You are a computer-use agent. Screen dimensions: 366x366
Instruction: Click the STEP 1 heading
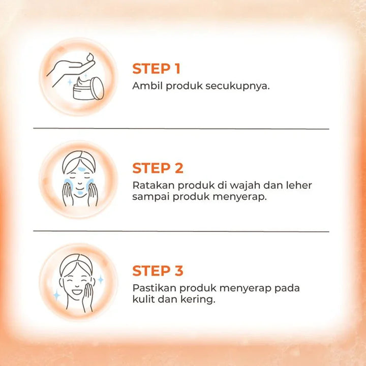(x=156, y=69)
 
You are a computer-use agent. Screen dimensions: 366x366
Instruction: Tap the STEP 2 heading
(x=158, y=168)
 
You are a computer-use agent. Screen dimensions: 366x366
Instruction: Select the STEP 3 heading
(x=158, y=270)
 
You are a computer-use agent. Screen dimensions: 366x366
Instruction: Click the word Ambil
(x=147, y=86)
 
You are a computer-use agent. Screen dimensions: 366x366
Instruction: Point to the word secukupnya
(x=237, y=87)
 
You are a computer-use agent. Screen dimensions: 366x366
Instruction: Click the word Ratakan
(x=154, y=186)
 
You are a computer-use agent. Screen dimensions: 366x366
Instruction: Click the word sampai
(x=151, y=197)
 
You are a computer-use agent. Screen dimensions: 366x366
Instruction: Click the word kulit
(x=143, y=299)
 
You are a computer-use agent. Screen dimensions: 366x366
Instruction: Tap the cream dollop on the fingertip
(x=90, y=57)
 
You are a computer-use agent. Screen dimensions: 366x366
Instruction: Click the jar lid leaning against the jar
(x=98, y=88)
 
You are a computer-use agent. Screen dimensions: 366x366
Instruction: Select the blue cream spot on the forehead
(x=81, y=169)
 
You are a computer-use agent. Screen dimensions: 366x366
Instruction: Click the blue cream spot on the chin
(x=80, y=193)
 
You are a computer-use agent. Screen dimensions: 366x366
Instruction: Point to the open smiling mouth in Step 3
(x=77, y=292)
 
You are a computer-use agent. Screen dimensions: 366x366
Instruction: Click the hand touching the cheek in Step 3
(x=88, y=296)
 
